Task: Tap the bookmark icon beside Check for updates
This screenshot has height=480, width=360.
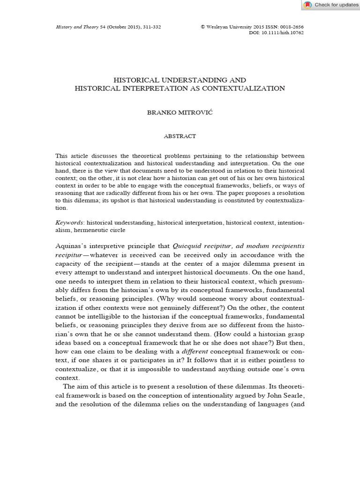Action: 307,5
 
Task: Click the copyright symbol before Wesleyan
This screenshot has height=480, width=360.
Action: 203,27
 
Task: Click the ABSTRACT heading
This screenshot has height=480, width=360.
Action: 180,136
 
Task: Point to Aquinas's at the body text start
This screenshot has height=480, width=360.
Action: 73,246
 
